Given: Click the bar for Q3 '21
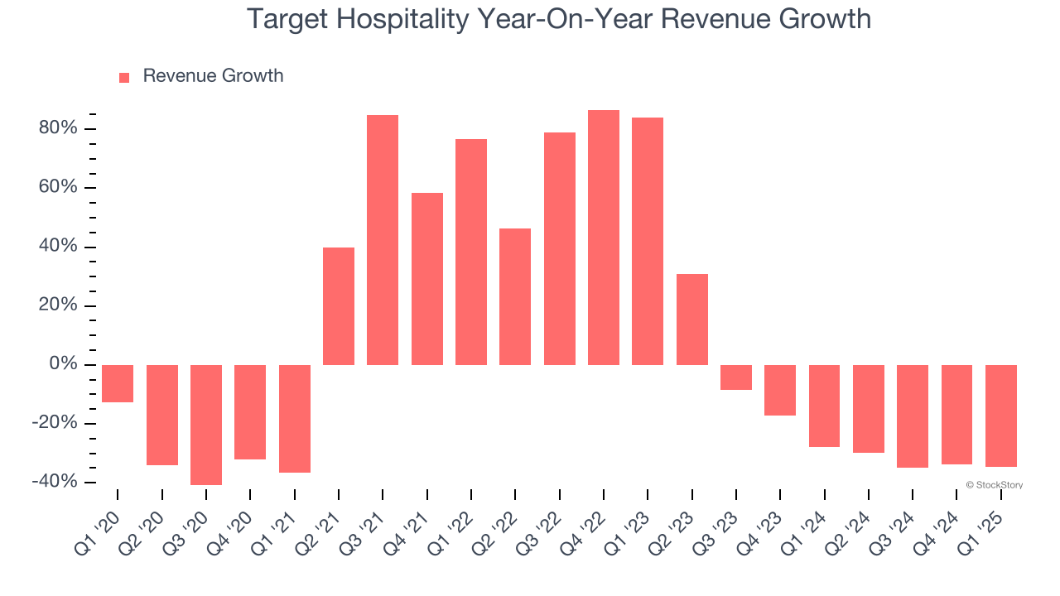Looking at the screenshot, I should pyautogui.click(x=383, y=240).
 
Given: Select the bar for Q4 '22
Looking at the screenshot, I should pyautogui.click(x=604, y=238).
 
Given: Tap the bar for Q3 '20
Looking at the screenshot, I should pyautogui.click(x=206, y=425).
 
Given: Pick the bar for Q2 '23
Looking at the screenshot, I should pyautogui.click(x=692, y=320).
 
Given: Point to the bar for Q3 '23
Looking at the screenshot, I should pyautogui.click(x=736, y=377).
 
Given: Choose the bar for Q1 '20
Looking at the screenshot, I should pyautogui.click(x=118, y=383).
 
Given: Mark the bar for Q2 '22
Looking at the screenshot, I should pyautogui.click(x=515, y=296).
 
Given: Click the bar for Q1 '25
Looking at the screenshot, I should pyautogui.click(x=1001, y=416).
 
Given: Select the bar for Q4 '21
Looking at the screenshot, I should pyautogui.click(x=427, y=279).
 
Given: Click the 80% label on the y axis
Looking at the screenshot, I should pyautogui.click(x=57, y=129).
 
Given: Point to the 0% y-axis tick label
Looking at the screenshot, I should pyautogui.click(x=63, y=365).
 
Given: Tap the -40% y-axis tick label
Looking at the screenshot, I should pyautogui.click(x=54, y=483).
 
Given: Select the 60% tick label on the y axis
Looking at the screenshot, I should pyautogui.click(x=57, y=188).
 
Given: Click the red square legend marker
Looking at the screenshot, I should pyautogui.click(x=124, y=78).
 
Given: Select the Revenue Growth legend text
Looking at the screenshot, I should pyautogui.click(x=213, y=76).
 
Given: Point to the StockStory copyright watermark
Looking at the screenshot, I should pyautogui.click(x=995, y=485).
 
